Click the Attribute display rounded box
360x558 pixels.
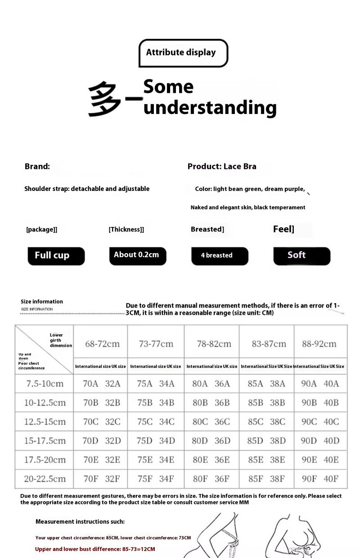click(x=183, y=53)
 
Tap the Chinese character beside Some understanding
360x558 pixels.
click(x=104, y=99)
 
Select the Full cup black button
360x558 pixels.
click(x=56, y=256)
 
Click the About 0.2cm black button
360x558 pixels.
click(x=137, y=255)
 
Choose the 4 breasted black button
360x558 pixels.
click(x=219, y=256)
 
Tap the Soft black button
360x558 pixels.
click(x=301, y=255)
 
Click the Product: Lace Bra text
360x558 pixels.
click(x=222, y=166)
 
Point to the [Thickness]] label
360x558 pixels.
click(x=126, y=230)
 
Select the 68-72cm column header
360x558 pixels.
click(x=102, y=344)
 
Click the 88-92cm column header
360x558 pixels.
click(x=319, y=344)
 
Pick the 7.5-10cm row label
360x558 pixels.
click(x=45, y=384)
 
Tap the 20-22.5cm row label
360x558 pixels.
click(x=45, y=479)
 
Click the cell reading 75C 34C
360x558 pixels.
click(x=156, y=422)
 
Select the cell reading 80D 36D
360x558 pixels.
click(x=211, y=441)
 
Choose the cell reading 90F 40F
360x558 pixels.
click(x=320, y=479)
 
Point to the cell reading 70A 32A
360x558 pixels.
click(x=101, y=384)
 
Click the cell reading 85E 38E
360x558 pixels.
click(x=266, y=460)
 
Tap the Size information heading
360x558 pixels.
click(x=42, y=302)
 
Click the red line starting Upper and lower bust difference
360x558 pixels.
click(x=95, y=549)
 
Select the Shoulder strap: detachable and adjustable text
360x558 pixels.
click(x=87, y=189)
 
